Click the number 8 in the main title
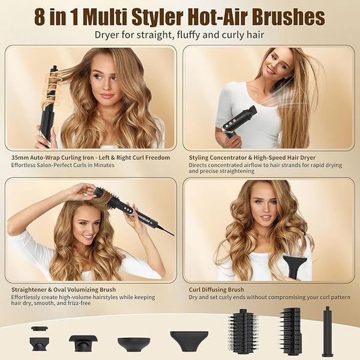point(40,17)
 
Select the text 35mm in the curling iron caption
point(19,158)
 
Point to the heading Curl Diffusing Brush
point(216,290)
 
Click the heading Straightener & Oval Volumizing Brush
point(64,290)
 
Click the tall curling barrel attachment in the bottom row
point(327,331)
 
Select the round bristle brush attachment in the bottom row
point(242,332)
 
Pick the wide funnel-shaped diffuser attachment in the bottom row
point(190,341)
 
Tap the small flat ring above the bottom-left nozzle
point(40,328)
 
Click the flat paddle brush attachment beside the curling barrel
point(291,331)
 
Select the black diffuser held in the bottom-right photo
point(295,267)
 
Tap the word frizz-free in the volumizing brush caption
point(79,303)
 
